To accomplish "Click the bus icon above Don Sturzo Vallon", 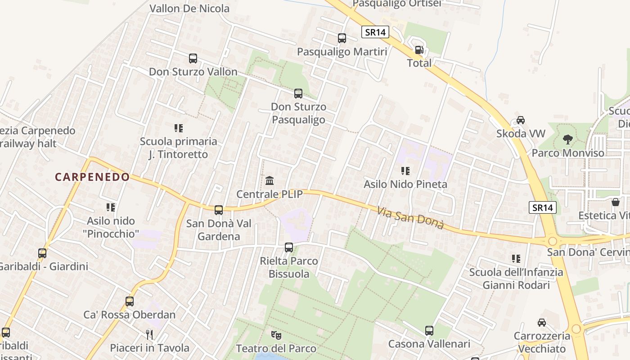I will tap(193, 58).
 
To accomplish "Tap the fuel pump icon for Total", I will tap(419, 50).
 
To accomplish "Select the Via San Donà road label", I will tap(410, 218).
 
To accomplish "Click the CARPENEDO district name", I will tap(92, 177).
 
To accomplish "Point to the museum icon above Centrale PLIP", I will tap(270, 181).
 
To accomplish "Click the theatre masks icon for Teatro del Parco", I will tap(276, 335).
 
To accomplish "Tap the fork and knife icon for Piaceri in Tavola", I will tap(149, 334).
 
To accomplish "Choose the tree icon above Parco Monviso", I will tap(568, 139).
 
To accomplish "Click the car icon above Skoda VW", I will tap(521, 120).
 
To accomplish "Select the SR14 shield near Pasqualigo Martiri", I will tap(375, 32).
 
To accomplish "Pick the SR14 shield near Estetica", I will tap(543, 207).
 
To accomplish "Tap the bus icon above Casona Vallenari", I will tap(429, 331).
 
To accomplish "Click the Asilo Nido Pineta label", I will tap(405, 184).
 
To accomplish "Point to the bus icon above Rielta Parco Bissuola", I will tap(289, 247).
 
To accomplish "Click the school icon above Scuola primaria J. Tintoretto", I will tap(179, 128).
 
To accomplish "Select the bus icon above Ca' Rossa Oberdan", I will tap(130, 301).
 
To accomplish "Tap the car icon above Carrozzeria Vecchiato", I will tap(542, 323).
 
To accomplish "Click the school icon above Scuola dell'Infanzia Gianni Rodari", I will tap(516, 259).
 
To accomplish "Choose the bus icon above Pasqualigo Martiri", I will tap(342, 38).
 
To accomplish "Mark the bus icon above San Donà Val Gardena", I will tap(219, 210).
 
